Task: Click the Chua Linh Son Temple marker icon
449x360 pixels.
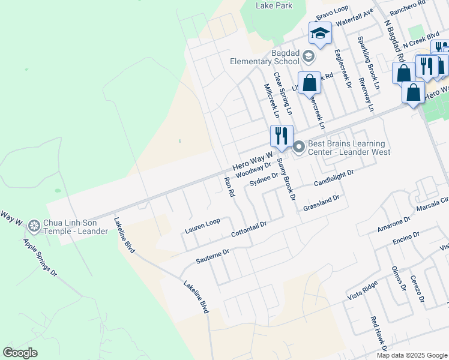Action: (x=34, y=226)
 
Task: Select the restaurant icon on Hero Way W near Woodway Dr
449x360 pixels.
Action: (x=281, y=136)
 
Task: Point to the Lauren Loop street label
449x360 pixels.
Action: (x=202, y=226)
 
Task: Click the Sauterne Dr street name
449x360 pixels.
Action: (x=213, y=258)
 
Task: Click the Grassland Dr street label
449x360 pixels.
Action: (x=322, y=202)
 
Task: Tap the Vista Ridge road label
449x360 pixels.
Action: (x=362, y=291)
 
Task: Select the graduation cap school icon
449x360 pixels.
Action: (x=320, y=34)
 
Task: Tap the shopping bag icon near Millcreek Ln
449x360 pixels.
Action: (x=309, y=83)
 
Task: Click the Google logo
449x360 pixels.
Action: (x=20, y=353)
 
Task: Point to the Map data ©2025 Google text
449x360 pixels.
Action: (x=411, y=355)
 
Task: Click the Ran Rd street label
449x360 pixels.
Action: (x=228, y=187)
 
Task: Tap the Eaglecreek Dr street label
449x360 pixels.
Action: (x=343, y=68)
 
